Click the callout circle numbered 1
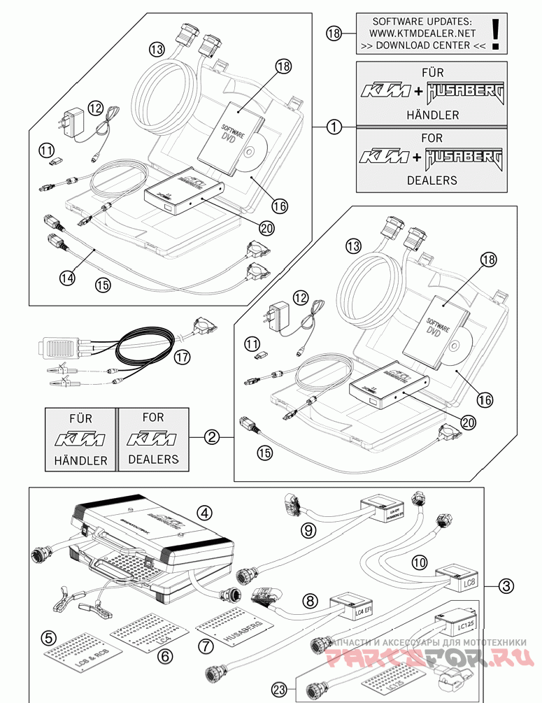(x=335, y=127)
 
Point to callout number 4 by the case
(x=204, y=513)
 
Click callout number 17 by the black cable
(x=183, y=357)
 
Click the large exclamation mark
(x=496, y=33)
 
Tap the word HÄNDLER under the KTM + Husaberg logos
(x=432, y=115)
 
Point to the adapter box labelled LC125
(x=455, y=621)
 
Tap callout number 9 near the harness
(x=308, y=530)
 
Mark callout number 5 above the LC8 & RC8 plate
(x=48, y=638)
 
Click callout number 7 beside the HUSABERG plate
(x=206, y=645)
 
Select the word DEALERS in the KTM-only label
(x=153, y=460)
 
